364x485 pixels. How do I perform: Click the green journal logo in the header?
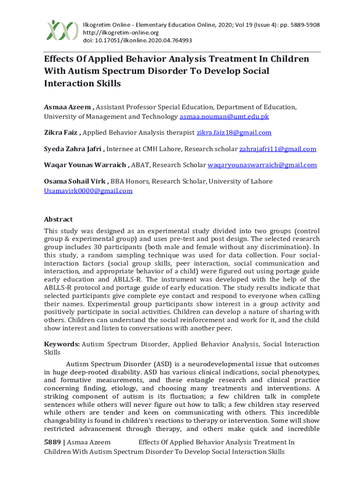pos(62,31)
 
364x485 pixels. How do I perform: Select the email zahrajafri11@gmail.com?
pos(277,149)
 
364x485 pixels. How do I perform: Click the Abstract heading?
pos(58,219)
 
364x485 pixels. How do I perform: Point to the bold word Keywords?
pos(61,344)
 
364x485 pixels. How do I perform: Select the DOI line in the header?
pos(137,41)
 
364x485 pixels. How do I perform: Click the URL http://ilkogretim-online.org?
pos(121,33)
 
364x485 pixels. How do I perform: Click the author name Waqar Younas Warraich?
pos(85,165)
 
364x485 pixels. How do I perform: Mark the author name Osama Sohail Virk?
pos(76,181)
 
